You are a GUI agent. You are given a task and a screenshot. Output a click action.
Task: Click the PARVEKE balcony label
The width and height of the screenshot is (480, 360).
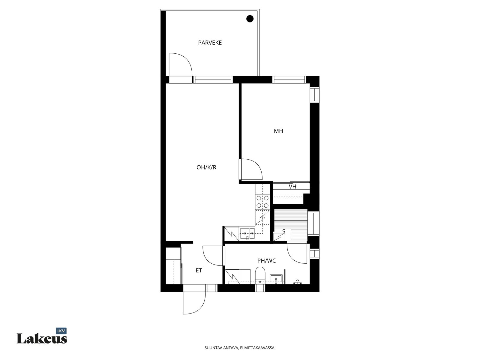click(210, 43)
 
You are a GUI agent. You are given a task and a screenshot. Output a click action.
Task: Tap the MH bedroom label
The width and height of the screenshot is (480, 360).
click(278, 131)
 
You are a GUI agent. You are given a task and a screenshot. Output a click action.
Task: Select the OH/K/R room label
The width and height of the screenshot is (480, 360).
click(206, 167)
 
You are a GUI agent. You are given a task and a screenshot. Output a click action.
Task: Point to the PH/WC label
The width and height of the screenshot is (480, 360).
click(267, 261)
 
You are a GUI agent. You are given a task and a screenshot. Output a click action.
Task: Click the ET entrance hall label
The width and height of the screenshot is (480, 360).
click(199, 271)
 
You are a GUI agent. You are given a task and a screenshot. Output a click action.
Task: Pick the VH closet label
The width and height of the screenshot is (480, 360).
click(292, 187)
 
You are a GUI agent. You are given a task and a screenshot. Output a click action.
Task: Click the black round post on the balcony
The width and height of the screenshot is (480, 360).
click(250, 19)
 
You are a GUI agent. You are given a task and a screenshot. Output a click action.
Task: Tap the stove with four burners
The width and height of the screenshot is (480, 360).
click(262, 202)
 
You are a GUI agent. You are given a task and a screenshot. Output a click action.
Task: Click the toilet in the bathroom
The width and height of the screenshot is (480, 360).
click(260, 275)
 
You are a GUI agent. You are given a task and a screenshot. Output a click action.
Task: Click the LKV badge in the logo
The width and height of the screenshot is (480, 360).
click(61, 331)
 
